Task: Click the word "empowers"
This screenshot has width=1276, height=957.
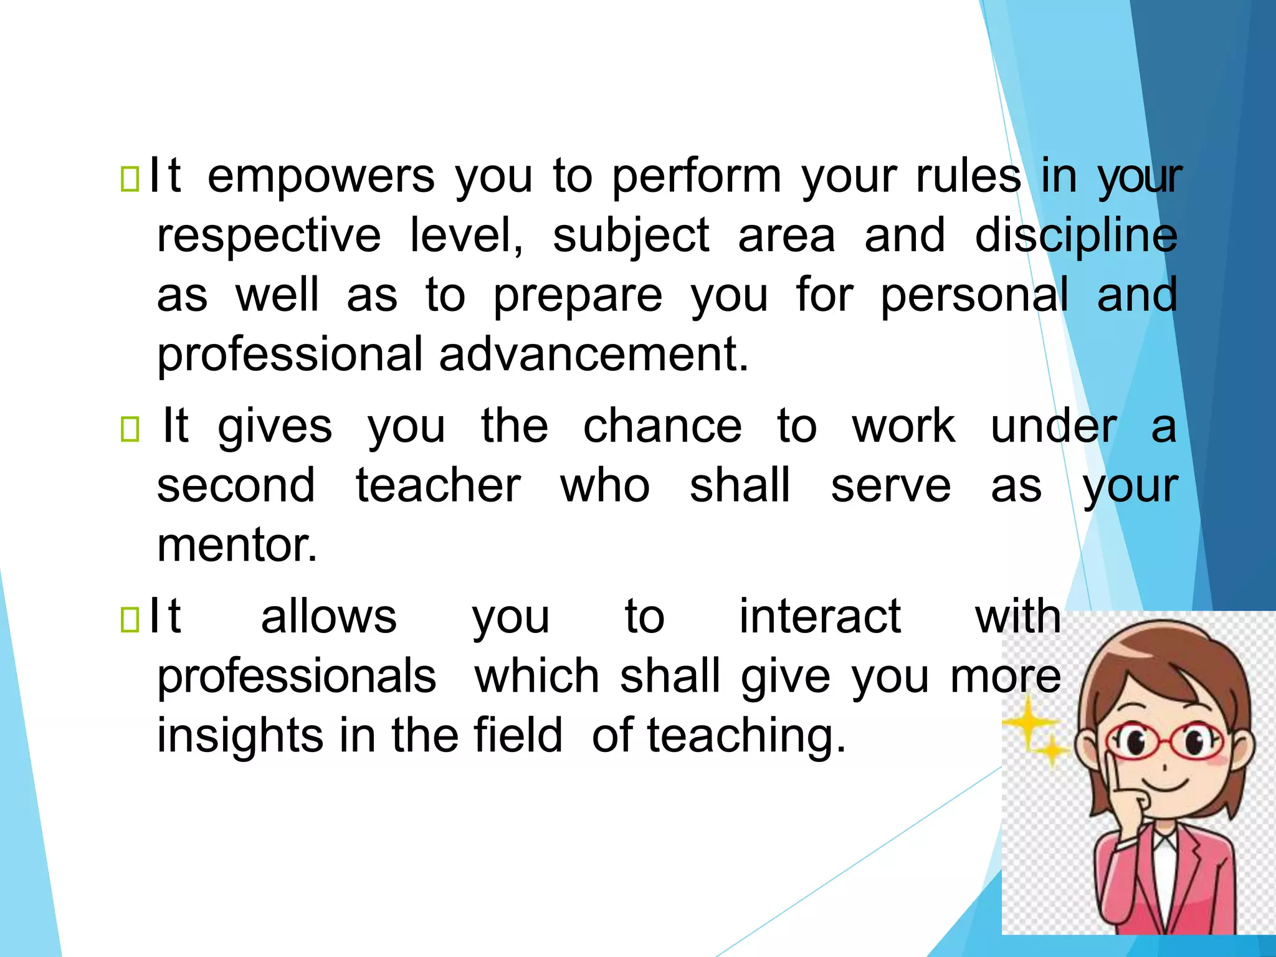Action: click(320, 177)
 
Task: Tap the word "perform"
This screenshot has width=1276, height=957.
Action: click(696, 177)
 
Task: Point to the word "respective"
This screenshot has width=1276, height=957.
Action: click(269, 237)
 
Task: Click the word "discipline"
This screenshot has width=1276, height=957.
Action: click(1076, 237)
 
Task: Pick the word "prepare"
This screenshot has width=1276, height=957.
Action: click(578, 296)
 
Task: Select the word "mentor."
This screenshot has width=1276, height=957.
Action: click(237, 545)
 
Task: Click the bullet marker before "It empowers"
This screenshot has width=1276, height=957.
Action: click(130, 179)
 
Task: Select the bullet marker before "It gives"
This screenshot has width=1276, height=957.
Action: click(130, 429)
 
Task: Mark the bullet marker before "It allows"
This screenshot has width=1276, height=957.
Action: click(130, 619)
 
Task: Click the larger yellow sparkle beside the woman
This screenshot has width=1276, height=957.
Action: click(1028, 723)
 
